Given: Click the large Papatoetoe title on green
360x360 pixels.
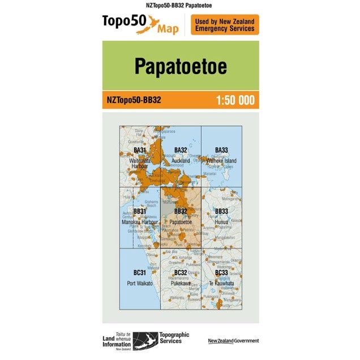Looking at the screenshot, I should tap(180, 66).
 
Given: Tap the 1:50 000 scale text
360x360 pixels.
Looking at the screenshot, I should tap(235, 100).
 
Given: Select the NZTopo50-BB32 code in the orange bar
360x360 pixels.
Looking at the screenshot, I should tap(134, 100).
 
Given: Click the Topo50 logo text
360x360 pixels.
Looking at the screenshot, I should tap(124, 22).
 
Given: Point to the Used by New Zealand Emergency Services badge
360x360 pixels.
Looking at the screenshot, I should tap(225, 25).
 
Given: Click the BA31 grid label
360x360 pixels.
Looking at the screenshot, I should tap(140, 150).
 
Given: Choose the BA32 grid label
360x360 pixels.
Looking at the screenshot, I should tap(181, 150).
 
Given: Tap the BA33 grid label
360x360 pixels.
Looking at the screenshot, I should tap(221, 150).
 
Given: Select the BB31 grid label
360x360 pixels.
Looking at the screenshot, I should tap(140, 211).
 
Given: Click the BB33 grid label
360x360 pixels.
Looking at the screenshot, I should tap(221, 211).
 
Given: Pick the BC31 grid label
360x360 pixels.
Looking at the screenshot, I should tap(140, 273).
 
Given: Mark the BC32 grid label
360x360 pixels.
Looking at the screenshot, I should tap(181, 273).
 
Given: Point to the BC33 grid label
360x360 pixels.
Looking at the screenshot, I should tap(221, 273).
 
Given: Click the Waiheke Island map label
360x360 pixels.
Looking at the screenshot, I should tap(221, 161).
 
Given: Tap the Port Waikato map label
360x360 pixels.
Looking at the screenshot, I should tap(140, 283).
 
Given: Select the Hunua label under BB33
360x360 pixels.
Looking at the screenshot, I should tap(221, 221).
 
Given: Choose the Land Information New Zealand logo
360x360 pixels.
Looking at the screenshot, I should tap(117, 340).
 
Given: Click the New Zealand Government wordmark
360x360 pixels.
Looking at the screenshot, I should tap(233, 340).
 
